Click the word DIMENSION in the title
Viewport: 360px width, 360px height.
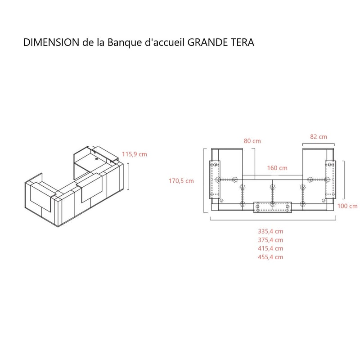tap(51, 42)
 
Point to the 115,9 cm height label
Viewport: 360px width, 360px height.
tap(134, 154)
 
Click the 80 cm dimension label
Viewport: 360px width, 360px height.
tap(252, 141)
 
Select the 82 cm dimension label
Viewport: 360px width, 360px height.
tap(319, 137)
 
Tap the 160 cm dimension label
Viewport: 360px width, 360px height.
tap(277, 168)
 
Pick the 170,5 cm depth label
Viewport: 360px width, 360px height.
tap(181, 181)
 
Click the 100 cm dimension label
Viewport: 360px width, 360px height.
tap(347, 206)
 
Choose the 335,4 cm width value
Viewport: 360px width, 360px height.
tap(270, 231)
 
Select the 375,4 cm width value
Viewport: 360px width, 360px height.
tap(270, 240)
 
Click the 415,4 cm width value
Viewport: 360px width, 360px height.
tap(270, 248)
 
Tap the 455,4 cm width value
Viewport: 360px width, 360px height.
tap(270, 257)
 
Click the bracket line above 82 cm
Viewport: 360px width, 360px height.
tap(319, 144)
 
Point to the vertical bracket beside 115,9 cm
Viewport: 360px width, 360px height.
tap(129, 176)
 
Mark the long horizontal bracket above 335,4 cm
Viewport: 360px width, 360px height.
tap(273, 220)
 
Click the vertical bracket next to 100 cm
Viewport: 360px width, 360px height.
tap(344, 180)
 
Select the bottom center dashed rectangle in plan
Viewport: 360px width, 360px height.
tap(273, 207)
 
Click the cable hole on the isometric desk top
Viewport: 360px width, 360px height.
tap(96, 158)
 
